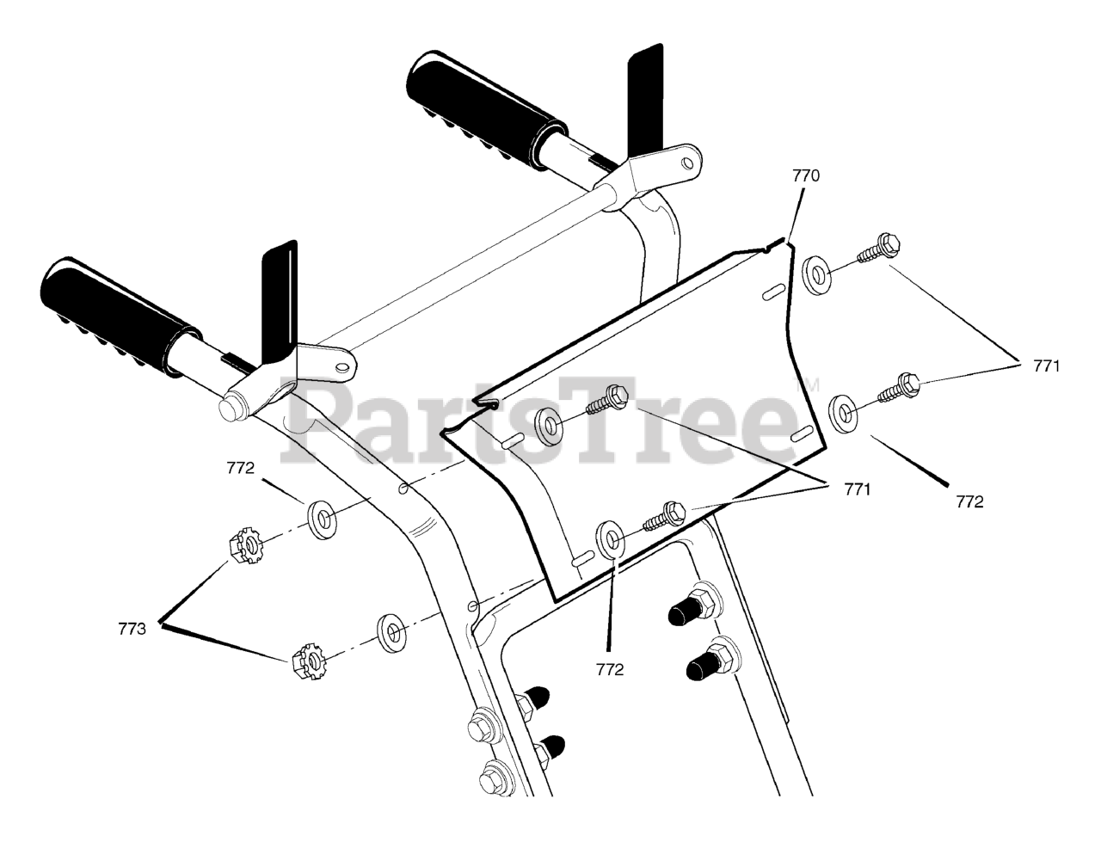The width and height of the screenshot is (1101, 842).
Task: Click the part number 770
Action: coord(806,175)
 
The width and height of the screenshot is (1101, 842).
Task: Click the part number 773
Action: coord(132,628)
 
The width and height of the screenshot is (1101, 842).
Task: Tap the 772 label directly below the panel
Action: coord(609,669)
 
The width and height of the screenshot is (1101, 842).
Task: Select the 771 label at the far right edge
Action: coord(1047,366)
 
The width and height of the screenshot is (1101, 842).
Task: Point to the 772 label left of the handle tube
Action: coord(241,469)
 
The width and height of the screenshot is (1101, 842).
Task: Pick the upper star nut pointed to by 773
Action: coord(245,545)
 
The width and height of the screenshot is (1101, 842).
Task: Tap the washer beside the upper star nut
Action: coord(323,519)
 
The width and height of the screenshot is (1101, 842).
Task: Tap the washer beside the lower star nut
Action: coord(392,632)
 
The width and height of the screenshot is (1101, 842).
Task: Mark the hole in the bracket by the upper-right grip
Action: coord(687,160)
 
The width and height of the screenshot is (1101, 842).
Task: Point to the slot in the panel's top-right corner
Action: coord(772,293)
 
